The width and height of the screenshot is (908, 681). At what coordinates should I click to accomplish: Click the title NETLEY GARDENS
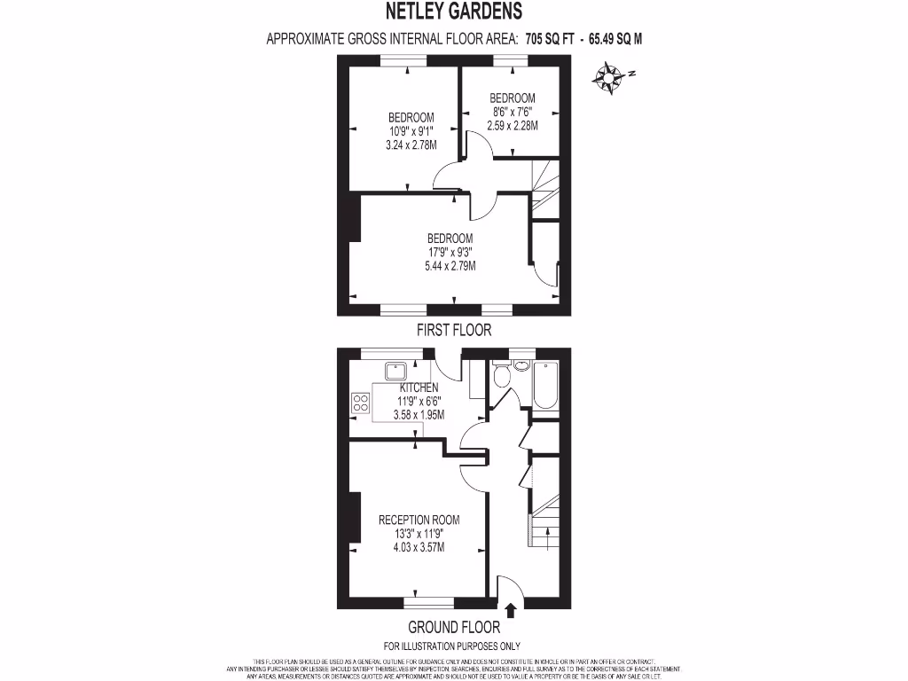tap(453, 12)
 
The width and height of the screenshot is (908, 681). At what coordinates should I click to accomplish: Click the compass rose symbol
tap(609, 77)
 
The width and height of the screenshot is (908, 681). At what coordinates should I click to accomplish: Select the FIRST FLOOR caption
tap(454, 330)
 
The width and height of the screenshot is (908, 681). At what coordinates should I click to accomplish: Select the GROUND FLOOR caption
tap(453, 627)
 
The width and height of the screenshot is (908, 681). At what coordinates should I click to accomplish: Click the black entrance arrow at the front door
tap(511, 611)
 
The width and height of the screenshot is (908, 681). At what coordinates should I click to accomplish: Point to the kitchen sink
tap(395, 370)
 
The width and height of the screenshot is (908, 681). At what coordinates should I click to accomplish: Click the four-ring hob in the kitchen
tap(362, 403)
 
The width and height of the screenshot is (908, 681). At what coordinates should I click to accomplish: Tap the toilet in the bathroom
tap(501, 377)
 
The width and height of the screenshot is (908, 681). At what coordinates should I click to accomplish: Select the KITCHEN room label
tap(419, 388)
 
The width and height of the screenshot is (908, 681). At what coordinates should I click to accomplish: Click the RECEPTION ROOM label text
tap(419, 520)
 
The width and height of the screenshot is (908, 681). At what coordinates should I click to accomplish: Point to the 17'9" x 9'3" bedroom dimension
tap(450, 252)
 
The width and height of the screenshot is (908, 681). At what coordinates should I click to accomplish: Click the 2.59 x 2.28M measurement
tap(513, 125)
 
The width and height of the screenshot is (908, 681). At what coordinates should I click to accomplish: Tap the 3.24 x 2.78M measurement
tap(411, 145)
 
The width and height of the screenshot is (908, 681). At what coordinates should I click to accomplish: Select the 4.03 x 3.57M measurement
tap(411, 547)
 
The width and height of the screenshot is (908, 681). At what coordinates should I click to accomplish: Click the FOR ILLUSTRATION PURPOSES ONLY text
tap(452, 646)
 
